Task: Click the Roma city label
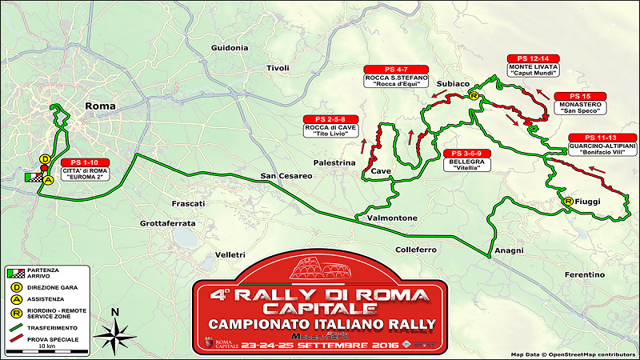click(x=101, y=106)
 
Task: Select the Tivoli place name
click(x=278, y=68)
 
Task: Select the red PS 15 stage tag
click(x=581, y=95)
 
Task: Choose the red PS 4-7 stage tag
click(x=396, y=69)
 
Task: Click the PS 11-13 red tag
click(x=601, y=137)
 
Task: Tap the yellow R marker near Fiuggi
click(x=568, y=201)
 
